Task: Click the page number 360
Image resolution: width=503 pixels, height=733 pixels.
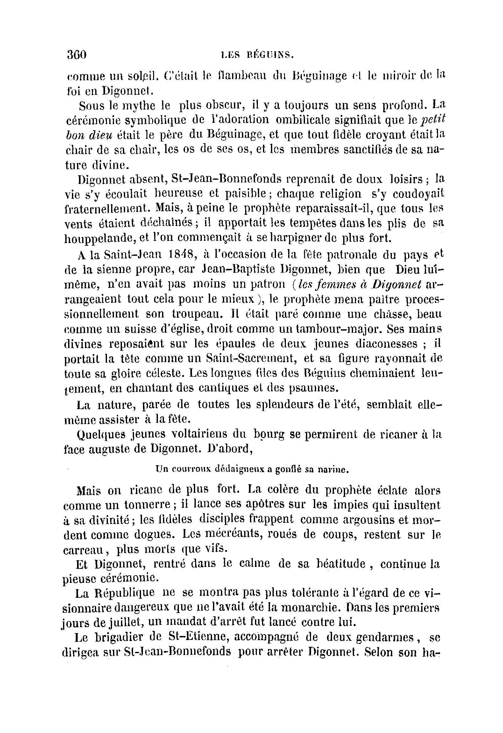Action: click(x=77, y=55)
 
